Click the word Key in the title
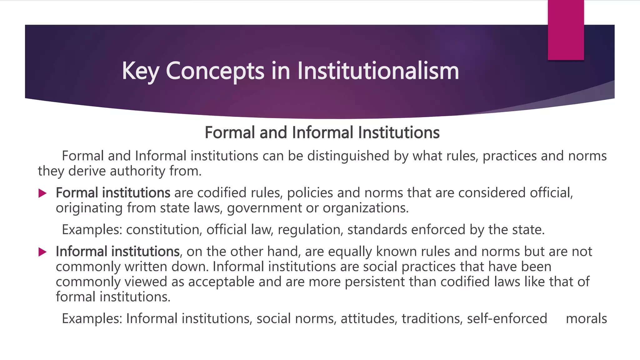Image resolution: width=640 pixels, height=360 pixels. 140,71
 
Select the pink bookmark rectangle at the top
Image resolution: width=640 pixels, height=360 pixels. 566,30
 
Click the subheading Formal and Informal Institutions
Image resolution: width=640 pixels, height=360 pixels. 322,132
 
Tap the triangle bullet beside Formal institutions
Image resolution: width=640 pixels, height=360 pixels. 42,193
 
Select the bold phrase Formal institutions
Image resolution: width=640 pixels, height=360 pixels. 113,193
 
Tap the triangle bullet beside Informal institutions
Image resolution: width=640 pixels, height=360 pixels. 42,252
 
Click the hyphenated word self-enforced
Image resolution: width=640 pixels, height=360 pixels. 507,319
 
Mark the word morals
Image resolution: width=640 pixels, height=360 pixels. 586,319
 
